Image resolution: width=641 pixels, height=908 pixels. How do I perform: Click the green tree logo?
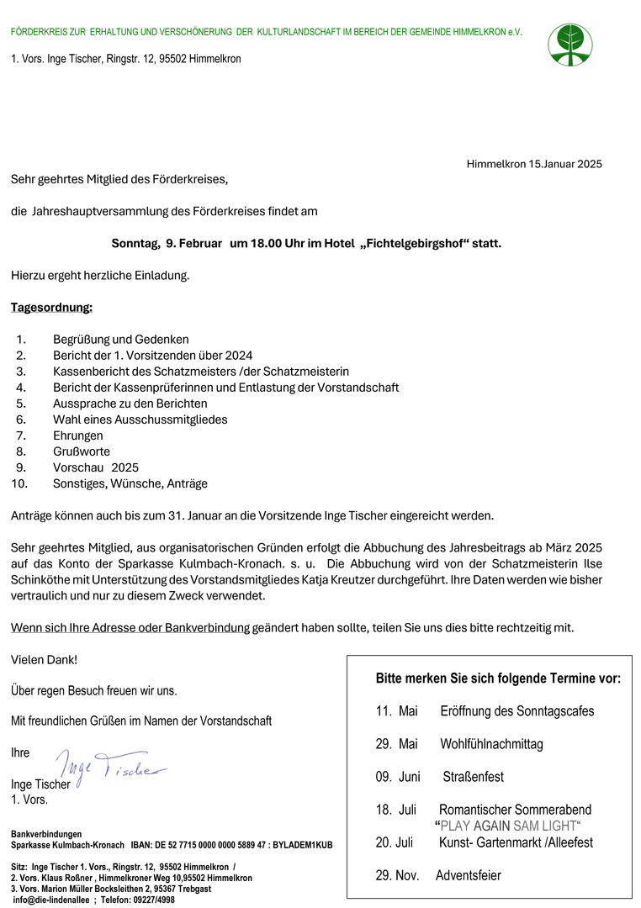tap(570, 45)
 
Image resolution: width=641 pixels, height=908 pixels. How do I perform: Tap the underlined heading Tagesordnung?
tap(51, 307)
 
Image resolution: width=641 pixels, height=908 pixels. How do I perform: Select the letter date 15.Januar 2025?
tap(564, 164)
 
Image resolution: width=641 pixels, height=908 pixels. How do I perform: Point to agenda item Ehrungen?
tap(78, 436)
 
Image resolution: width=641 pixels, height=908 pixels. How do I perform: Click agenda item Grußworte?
tap(82, 451)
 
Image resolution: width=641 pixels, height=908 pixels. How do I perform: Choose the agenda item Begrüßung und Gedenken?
tap(121, 340)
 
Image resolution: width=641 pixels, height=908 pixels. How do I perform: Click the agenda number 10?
tap(19, 483)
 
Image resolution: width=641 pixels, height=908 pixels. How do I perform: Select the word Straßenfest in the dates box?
tap(474, 777)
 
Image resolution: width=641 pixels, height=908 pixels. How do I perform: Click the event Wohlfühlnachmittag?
tap(491, 744)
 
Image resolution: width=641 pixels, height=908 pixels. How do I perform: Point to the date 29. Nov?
tap(397, 875)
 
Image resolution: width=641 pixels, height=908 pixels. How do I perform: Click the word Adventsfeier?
tap(468, 875)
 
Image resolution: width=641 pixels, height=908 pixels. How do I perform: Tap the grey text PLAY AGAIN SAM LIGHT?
tap(508, 826)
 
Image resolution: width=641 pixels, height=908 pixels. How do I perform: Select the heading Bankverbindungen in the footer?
tap(46, 833)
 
